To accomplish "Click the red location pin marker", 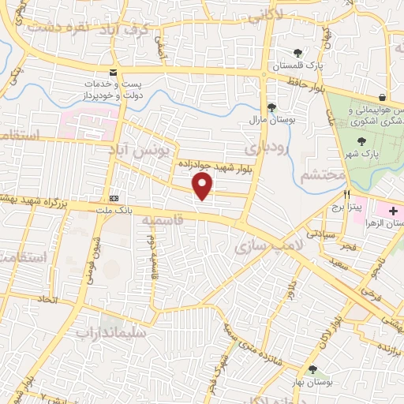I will pos(203,186).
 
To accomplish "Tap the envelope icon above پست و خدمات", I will pos(114,72).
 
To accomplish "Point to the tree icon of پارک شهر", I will pos(362,141).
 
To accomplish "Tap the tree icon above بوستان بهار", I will pos(313,368).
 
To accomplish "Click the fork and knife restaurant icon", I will pos(346,193).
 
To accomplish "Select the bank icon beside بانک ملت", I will pos(115,198).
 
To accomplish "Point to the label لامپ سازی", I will pos(263,247).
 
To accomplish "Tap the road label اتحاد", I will pos(48,301).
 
